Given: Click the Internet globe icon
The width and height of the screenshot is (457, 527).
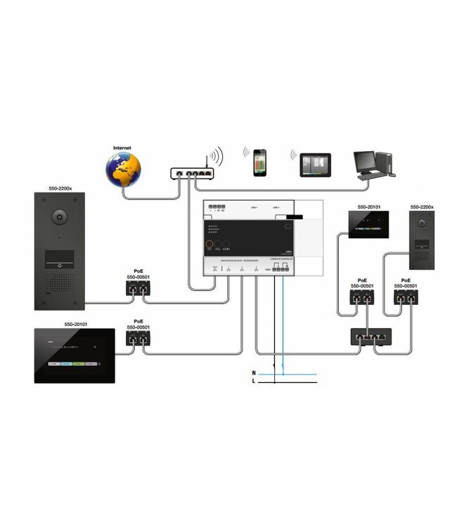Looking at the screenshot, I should click(123, 168).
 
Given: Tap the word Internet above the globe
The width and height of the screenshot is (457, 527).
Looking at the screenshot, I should click(123, 148).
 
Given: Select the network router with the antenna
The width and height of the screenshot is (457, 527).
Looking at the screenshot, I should click(191, 171).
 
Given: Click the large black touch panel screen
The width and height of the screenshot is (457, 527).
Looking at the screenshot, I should click(75, 356).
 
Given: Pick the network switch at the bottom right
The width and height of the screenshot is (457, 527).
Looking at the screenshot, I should click(368, 337).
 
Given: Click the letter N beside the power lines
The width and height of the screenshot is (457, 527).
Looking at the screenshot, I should click(254, 372).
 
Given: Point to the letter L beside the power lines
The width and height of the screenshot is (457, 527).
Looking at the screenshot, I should click(254, 382).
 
